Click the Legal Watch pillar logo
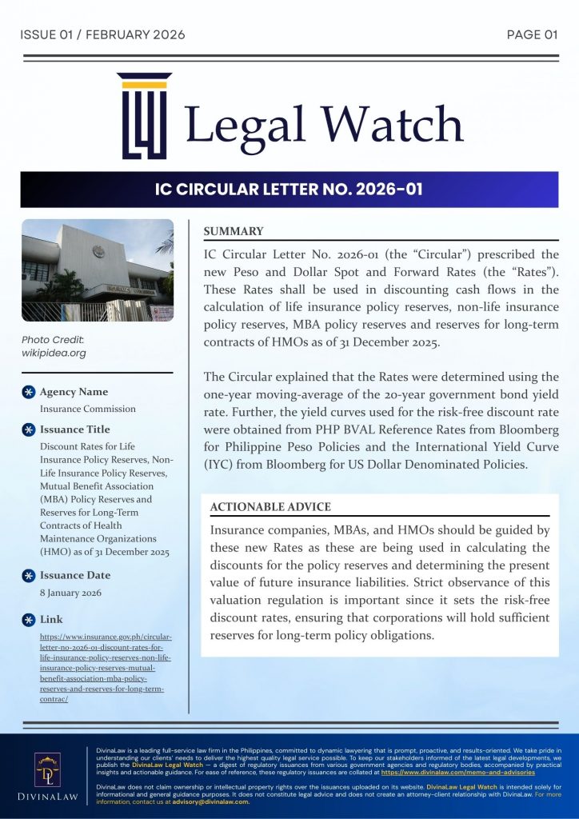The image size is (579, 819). point(144,116)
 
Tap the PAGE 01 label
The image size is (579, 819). point(532,34)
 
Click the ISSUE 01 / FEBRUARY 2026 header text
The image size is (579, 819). point(102,34)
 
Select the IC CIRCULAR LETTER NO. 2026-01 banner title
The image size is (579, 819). point(289,190)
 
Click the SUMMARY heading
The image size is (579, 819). point(234,231)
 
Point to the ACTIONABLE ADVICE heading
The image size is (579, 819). point(270,507)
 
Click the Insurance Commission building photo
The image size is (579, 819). point(97,270)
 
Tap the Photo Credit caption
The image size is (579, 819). point(54,346)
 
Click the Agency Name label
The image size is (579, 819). point(74,392)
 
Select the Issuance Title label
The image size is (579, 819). point(75,429)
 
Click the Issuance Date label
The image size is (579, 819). point(75,575)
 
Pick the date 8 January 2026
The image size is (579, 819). point(70,593)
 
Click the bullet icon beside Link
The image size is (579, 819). point(28,620)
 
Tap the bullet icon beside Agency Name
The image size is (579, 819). point(28,392)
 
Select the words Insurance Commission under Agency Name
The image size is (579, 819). point(87,409)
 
